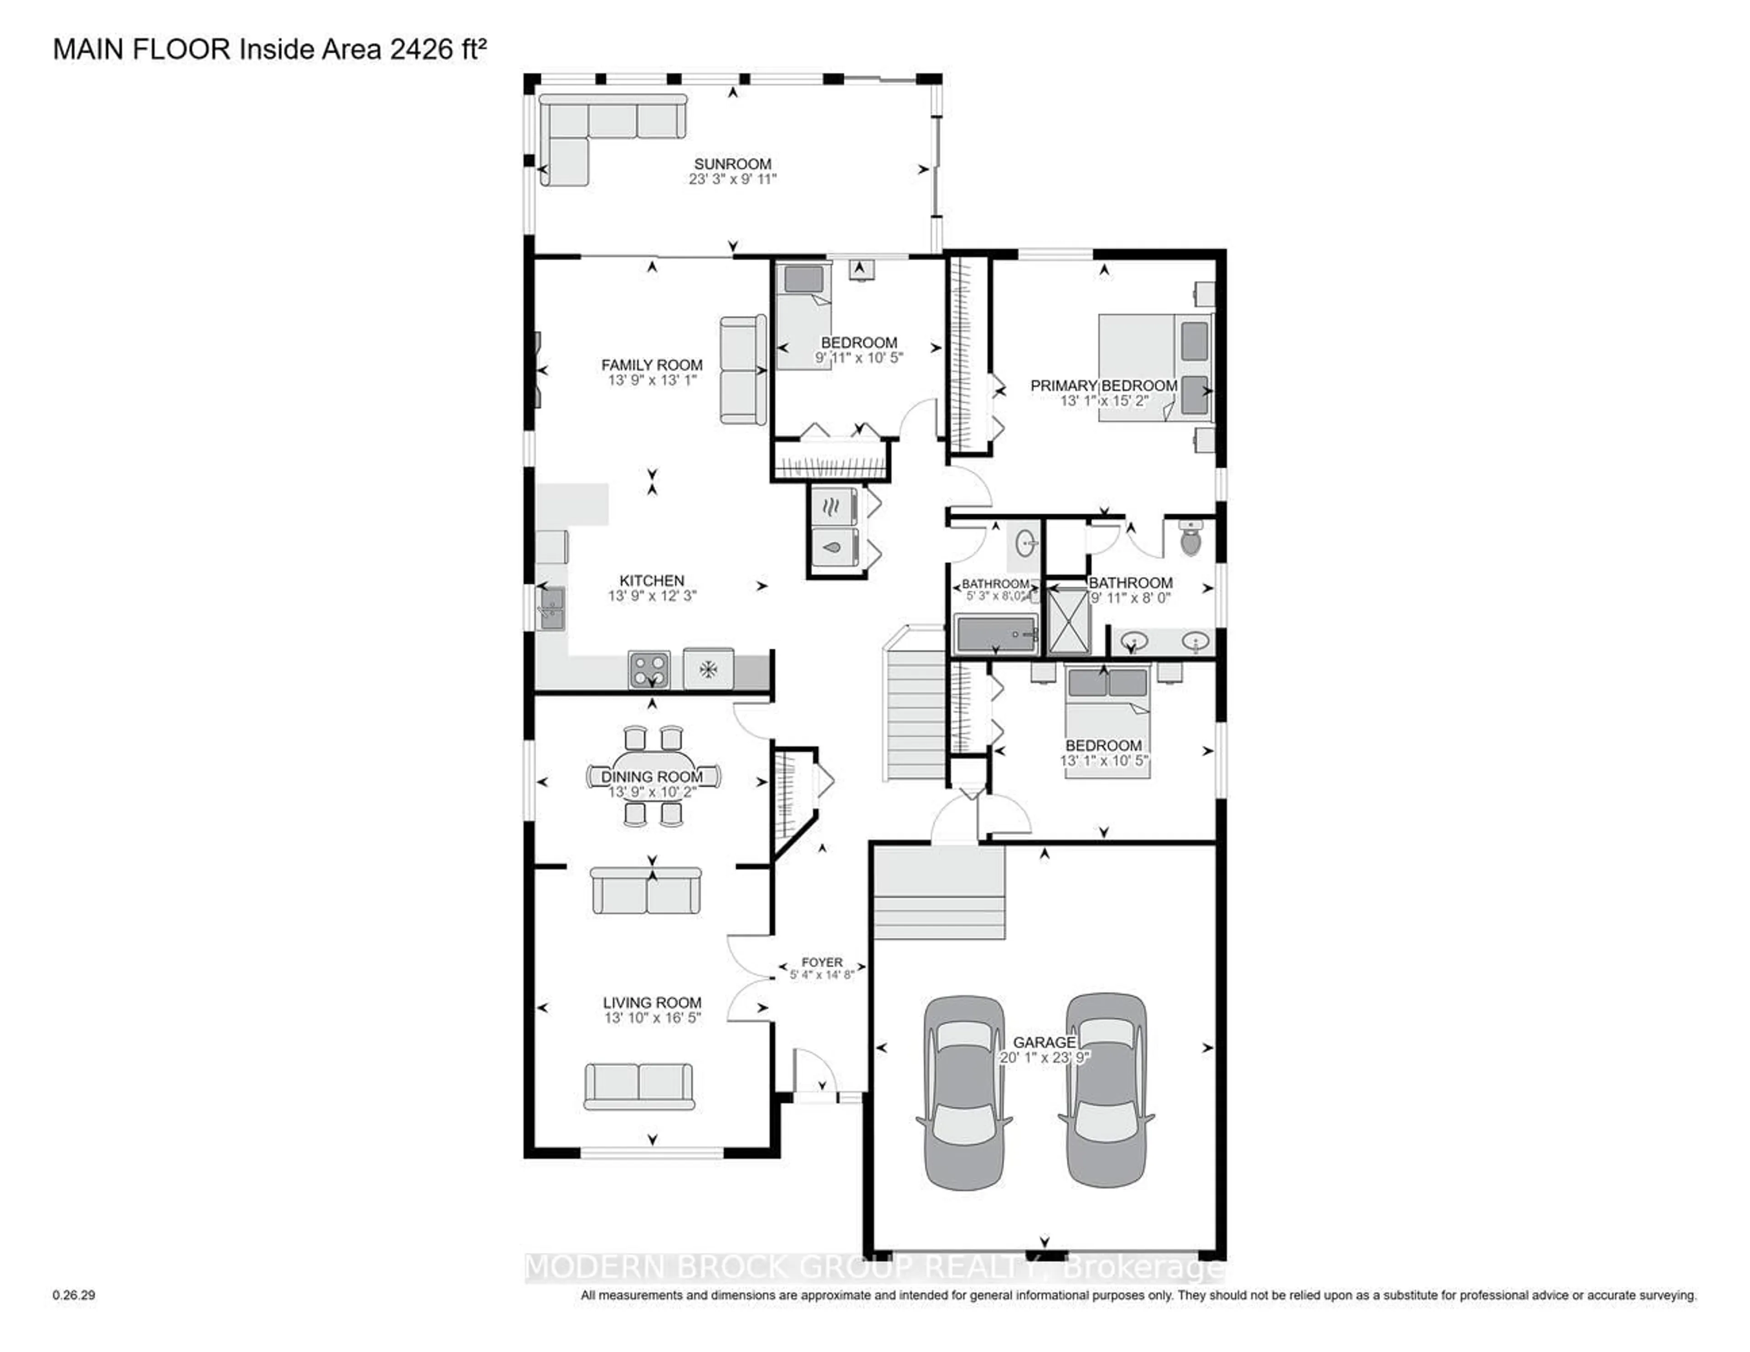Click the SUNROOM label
pos(732,164)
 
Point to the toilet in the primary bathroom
pos(1192,539)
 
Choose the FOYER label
pos(822,962)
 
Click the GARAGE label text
pos(1044,1042)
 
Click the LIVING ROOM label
pos(652,1002)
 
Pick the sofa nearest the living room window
pos(638,1086)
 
